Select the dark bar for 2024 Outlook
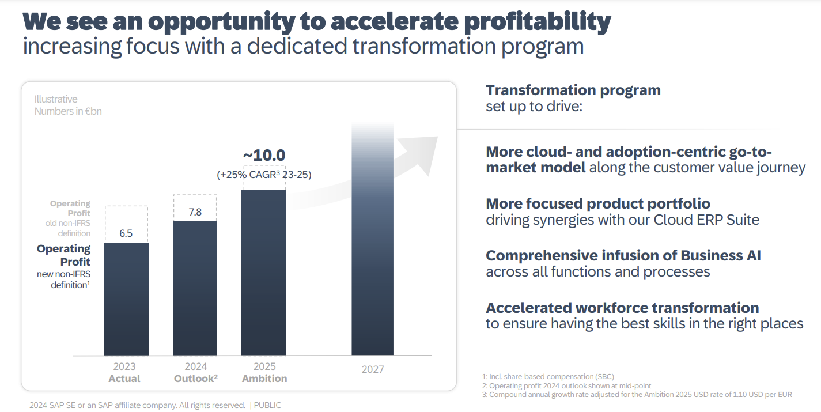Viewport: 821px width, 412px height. point(195,288)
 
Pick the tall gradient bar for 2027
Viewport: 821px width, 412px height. point(372,242)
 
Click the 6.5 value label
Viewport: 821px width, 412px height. point(126,233)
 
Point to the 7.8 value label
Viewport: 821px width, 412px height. point(195,212)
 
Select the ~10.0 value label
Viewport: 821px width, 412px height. point(264,156)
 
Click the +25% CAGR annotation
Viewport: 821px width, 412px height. point(264,174)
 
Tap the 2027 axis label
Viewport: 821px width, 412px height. point(372,369)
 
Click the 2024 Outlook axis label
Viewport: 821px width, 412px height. point(195,373)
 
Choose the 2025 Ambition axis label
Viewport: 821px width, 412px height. point(264,373)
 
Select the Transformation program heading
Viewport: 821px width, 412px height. point(573,90)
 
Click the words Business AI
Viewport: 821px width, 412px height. point(721,255)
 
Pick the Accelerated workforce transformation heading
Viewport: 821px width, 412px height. point(622,308)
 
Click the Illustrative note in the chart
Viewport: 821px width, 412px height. point(56,99)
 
